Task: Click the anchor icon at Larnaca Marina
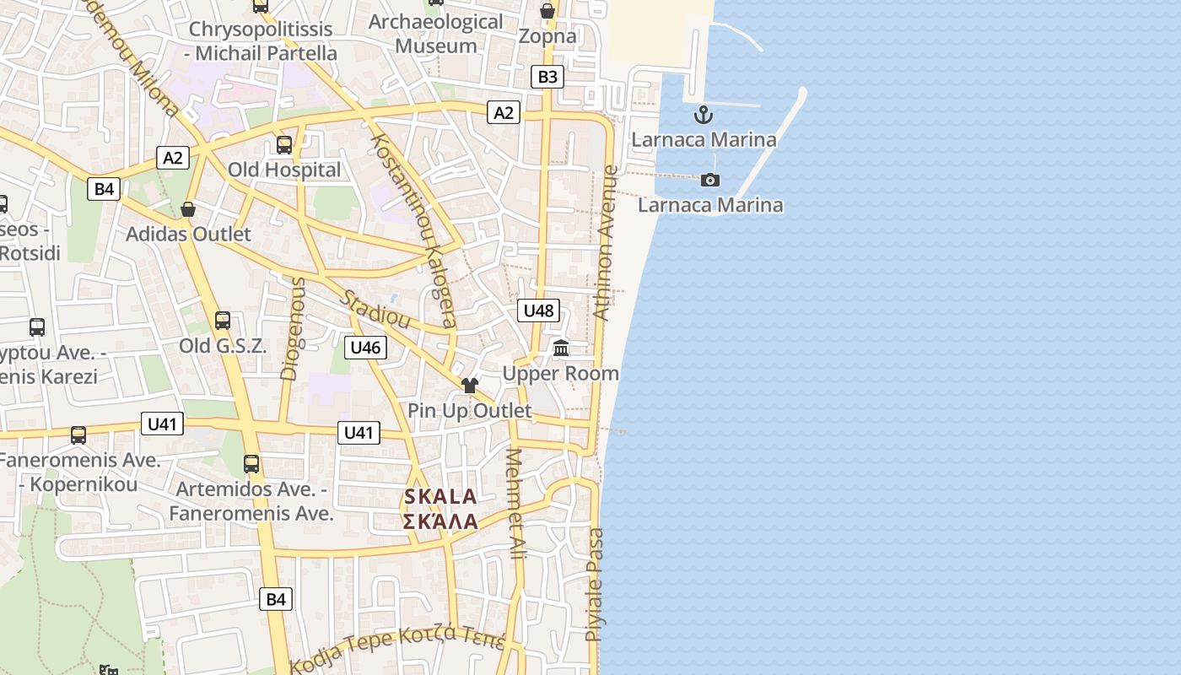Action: (704, 115)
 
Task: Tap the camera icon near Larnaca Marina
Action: (710, 180)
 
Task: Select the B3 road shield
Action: (547, 77)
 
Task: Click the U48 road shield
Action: (538, 310)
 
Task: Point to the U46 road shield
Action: (365, 347)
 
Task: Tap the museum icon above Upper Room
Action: (561, 348)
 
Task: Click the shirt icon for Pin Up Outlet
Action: (469, 386)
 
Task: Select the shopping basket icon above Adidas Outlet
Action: (188, 208)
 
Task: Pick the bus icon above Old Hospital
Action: (284, 144)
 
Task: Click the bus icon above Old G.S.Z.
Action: (223, 321)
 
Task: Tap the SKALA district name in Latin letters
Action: (440, 497)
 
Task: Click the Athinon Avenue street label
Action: (607, 243)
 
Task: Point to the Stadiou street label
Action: (375, 310)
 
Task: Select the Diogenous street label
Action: (292, 328)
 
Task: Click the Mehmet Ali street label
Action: (515, 504)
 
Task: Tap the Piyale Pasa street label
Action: (595, 584)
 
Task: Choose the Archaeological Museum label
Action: (436, 34)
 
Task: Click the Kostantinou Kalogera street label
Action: (413, 229)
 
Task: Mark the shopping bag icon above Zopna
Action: (547, 11)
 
